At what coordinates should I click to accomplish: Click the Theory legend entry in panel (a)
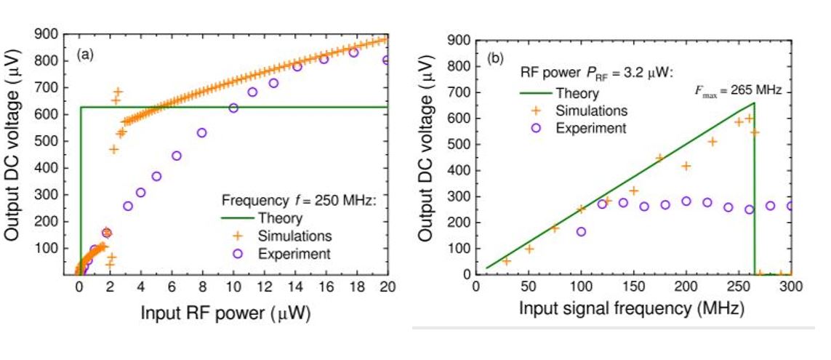pyautogui.click(x=280, y=217)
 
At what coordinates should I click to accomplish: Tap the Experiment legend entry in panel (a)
pyautogui.click(x=294, y=253)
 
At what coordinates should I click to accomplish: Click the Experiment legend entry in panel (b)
pyautogui.click(x=590, y=127)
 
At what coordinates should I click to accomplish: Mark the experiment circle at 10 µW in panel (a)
pyautogui.click(x=233, y=108)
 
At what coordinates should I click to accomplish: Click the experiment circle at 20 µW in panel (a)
pyautogui.click(x=387, y=60)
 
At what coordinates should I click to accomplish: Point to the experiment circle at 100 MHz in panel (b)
pyautogui.click(x=581, y=232)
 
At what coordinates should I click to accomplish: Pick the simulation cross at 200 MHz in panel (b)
pyautogui.click(x=686, y=167)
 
